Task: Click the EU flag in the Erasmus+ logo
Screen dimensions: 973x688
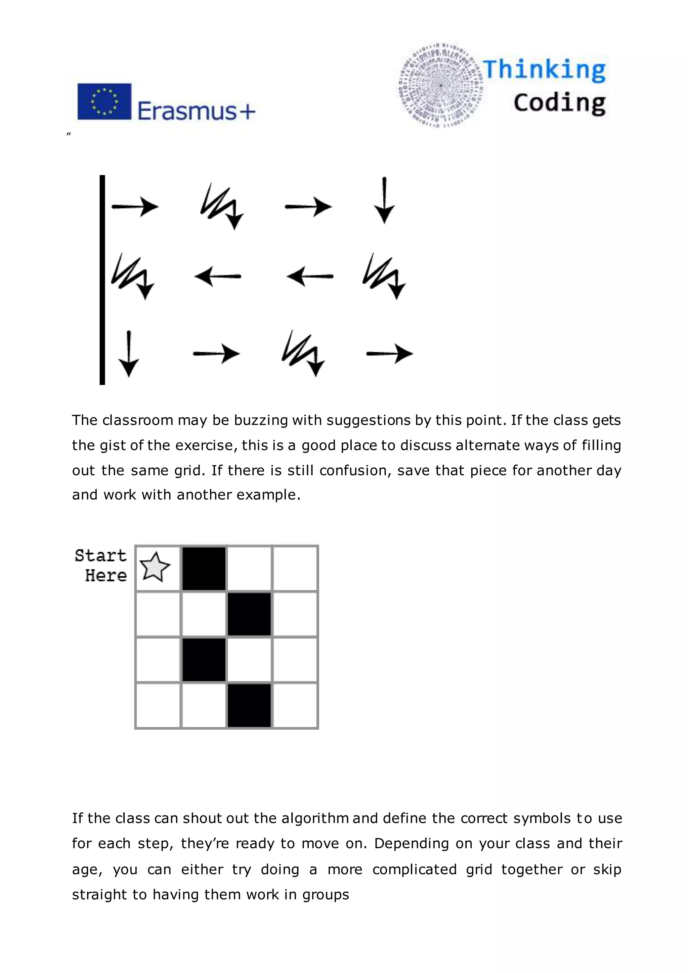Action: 104,102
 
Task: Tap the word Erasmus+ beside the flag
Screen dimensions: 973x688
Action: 196,111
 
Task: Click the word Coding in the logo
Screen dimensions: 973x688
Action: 559,103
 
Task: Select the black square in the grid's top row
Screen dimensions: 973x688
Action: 204,568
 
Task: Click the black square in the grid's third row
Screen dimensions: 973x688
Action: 204,660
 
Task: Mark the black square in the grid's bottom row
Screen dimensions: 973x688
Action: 249,705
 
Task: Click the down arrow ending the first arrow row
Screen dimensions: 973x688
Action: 384,200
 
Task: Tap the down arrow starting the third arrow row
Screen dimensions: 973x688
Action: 129,354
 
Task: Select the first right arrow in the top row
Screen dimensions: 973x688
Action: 135,207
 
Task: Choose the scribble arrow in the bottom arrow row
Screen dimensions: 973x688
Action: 303,353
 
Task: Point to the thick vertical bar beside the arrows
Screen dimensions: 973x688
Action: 102,280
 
